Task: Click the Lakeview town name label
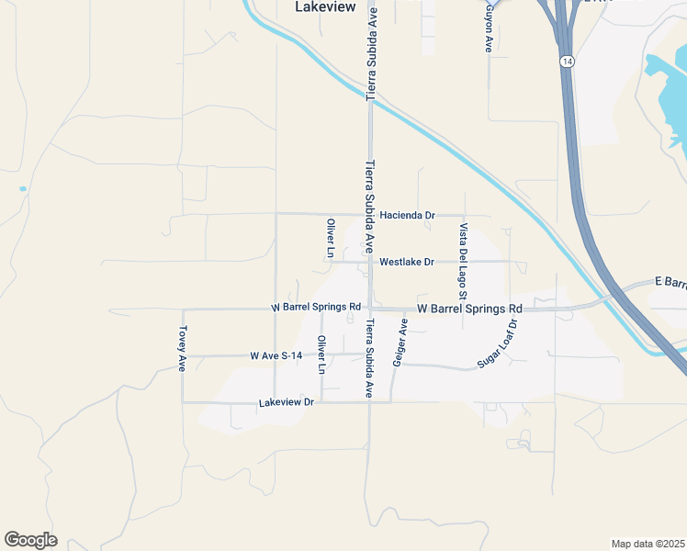[x=325, y=6]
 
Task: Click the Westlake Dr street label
[x=406, y=262]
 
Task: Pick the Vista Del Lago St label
[x=464, y=262]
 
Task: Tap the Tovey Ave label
[x=184, y=348]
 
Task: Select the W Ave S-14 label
[x=276, y=355]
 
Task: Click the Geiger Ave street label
[x=400, y=343]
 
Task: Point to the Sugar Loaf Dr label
[x=499, y=344]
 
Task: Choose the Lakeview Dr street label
[x=287, y=402]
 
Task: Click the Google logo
[x=30, y=540]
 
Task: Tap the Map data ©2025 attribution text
[x=648, y=544]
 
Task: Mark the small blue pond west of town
[x=22, y=189]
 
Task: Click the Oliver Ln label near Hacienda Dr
[x=331, y=238]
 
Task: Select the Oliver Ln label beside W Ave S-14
[x=321, y=354]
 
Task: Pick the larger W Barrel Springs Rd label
[x=469, y=309]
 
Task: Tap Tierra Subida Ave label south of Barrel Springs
[x=369, y=358]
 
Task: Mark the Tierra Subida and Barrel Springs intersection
[x=369, y=309]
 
